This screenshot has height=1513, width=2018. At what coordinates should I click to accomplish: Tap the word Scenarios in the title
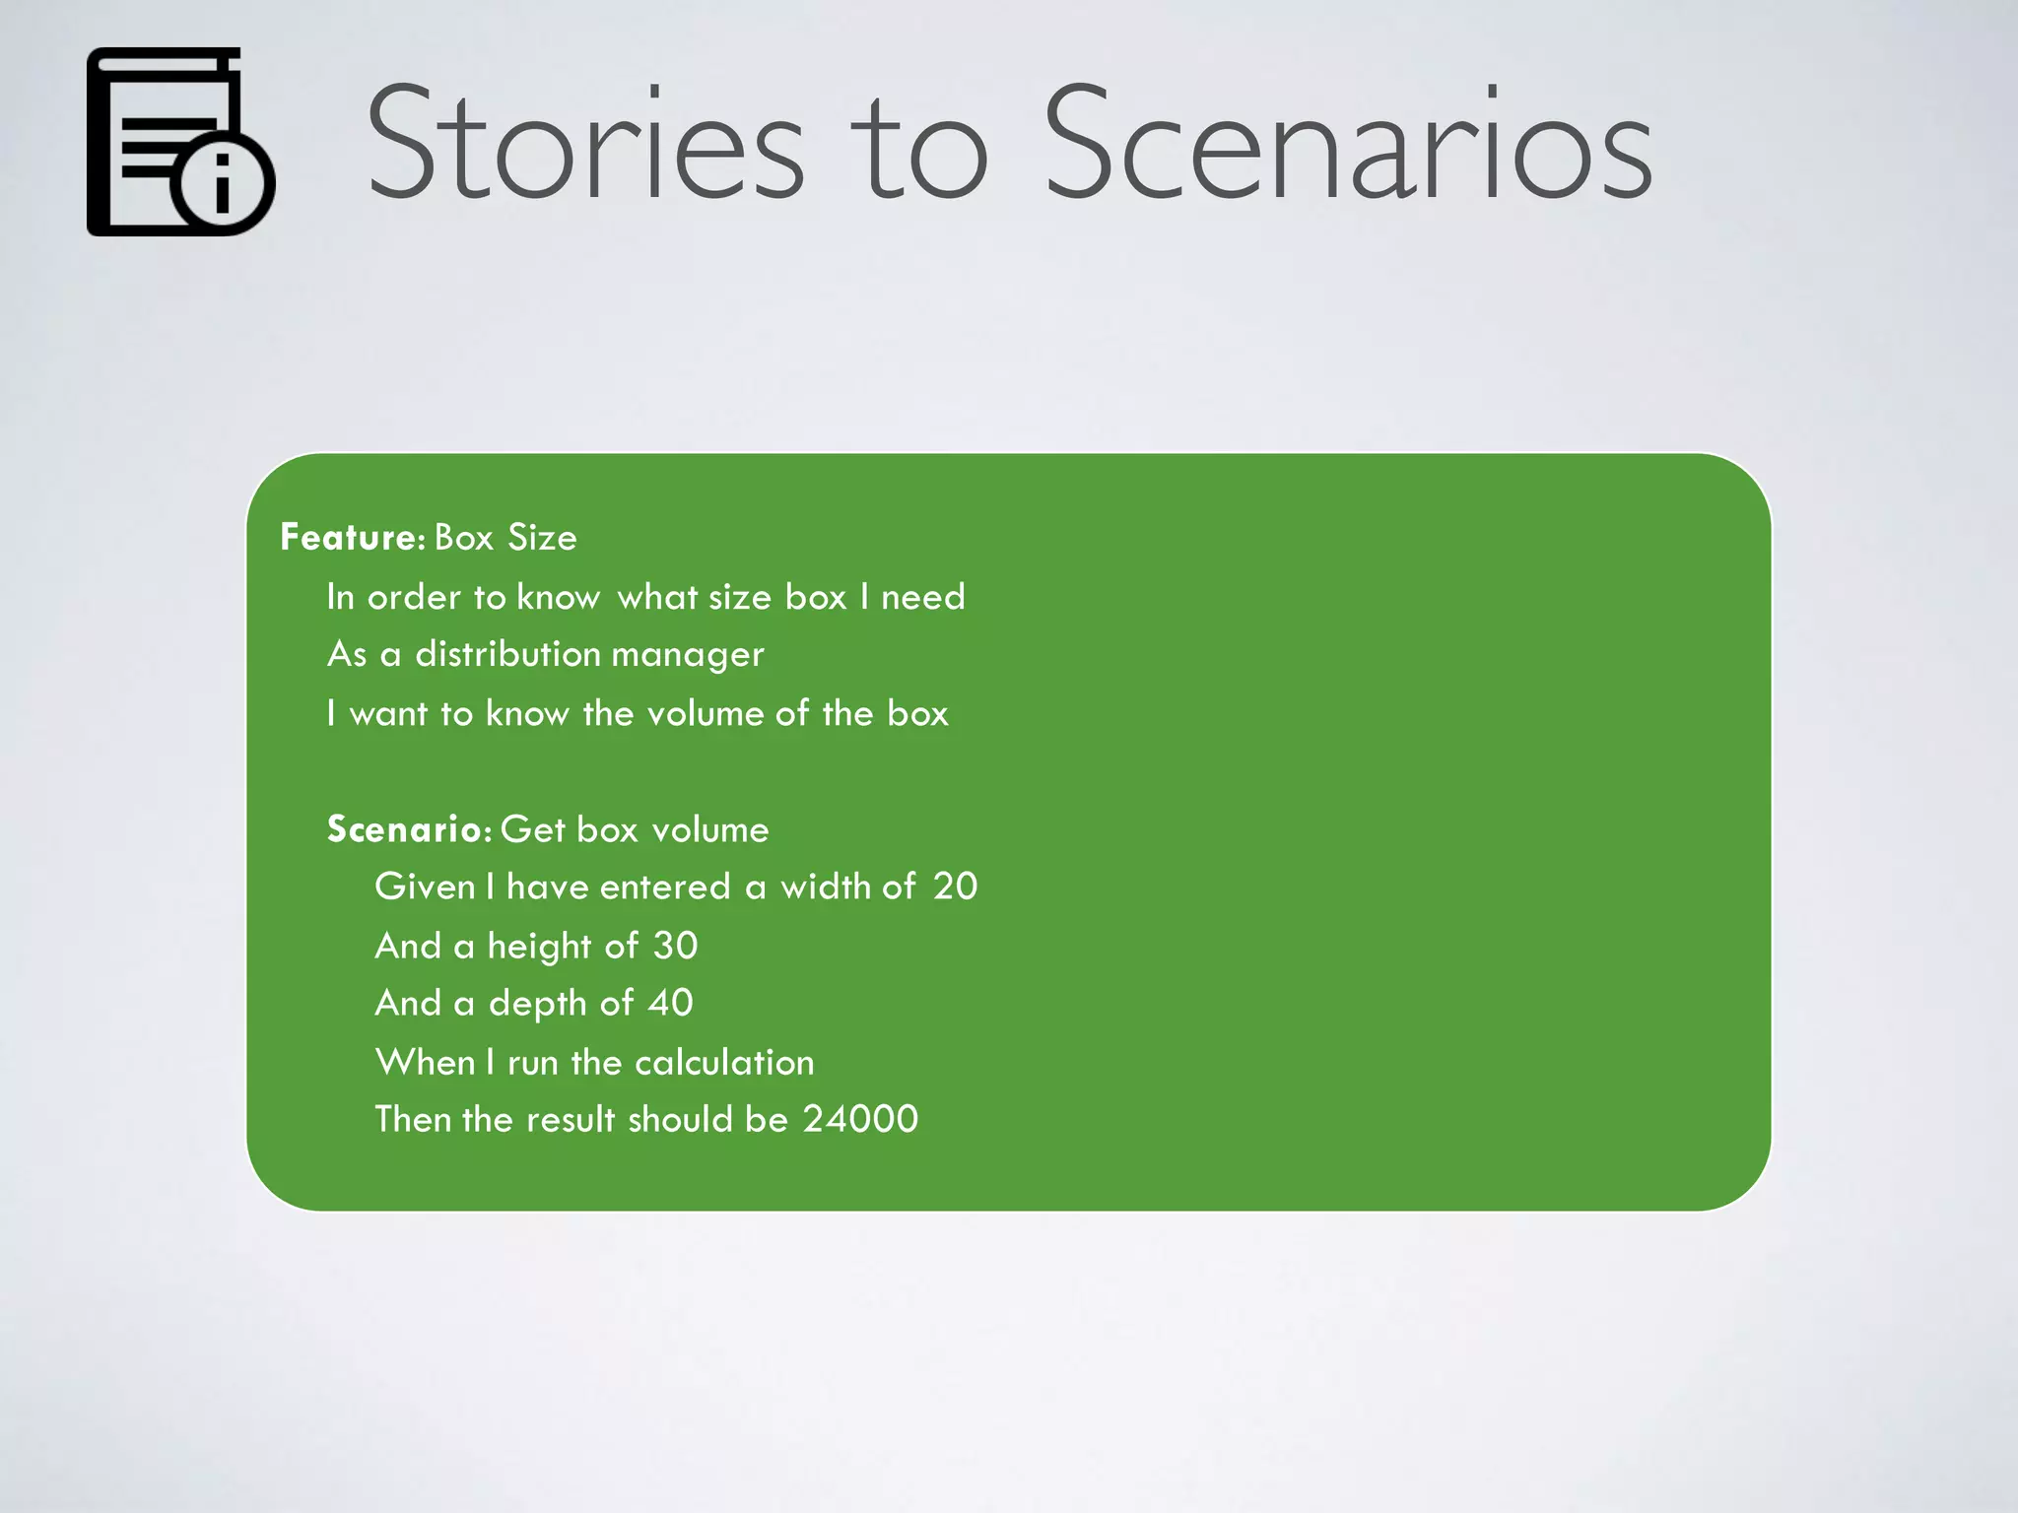point(1347,143)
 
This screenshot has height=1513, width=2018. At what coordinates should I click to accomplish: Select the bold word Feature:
point(352,538)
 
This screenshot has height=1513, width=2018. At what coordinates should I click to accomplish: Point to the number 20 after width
point(955,887)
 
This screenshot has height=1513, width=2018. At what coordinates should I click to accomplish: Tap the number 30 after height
point(675,946)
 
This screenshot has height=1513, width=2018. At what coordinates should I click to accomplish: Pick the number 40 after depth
point(670,1003)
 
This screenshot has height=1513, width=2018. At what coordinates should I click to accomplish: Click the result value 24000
point(860,1119)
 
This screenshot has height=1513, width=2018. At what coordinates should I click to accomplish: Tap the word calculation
point(724,1062)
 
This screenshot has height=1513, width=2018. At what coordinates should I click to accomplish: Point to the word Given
point(425,887)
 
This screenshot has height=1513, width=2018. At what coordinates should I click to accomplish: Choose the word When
point(425,1062)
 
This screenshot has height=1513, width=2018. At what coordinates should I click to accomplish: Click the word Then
point(412,1119)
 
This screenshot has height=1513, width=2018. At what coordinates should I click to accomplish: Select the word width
point(825,887)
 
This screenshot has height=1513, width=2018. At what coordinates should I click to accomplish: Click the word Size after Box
point(542,538)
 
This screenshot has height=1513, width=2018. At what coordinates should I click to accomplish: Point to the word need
point(922,597)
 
